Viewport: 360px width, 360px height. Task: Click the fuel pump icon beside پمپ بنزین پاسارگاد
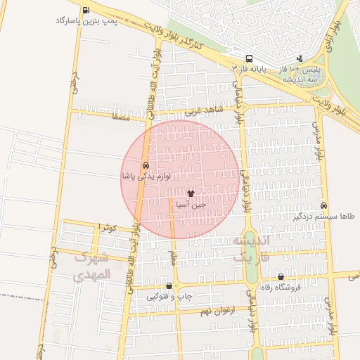86,11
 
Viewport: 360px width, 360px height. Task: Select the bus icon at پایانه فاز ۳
249,59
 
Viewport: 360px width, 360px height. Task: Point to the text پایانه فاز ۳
250,69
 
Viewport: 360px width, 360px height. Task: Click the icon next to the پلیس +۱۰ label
300,59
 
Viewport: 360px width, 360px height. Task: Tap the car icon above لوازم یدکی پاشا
146,165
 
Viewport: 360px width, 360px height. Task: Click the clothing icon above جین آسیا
191,193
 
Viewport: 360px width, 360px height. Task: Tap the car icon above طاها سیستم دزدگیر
323,205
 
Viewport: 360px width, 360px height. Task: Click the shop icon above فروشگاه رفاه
281,277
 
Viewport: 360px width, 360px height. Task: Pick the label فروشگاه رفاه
281,287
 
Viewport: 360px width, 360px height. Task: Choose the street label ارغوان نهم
198,310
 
